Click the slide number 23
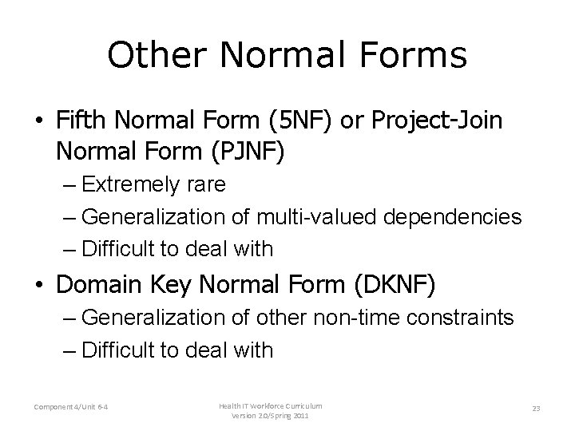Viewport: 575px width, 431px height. pos(536,409)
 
